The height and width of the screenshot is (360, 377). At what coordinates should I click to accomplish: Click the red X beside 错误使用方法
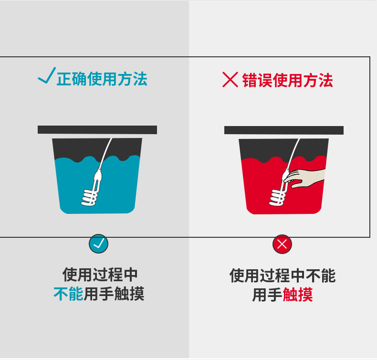point(230,80)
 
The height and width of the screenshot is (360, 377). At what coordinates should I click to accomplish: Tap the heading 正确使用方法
point(102,79)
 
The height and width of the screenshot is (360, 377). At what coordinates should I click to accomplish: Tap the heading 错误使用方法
point(288,80)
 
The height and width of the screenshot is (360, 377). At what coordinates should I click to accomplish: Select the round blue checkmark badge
point(99,244)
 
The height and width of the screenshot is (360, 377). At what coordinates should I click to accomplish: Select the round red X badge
point(282,244)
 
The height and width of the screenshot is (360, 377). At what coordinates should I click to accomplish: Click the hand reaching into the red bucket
point(304,178)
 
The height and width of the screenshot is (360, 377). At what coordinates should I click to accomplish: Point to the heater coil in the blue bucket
point(90,198)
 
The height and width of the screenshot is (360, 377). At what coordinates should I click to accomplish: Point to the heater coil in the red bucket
point(278,198)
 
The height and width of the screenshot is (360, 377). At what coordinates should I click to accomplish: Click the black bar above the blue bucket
point(97,130)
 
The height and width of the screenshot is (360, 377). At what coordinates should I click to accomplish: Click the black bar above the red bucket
point(284,130)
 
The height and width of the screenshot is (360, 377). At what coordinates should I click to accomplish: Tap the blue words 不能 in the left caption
point(69,294)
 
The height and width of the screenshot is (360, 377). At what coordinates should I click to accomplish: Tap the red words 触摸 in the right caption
point(298,295)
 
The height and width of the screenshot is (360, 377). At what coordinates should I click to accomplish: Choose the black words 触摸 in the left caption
point(129,294)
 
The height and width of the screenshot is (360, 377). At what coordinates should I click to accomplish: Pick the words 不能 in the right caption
point(321,276)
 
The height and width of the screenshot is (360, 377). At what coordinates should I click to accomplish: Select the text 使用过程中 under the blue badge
point(100,275)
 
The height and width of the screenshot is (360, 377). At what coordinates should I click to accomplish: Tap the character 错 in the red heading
point(250,80)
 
